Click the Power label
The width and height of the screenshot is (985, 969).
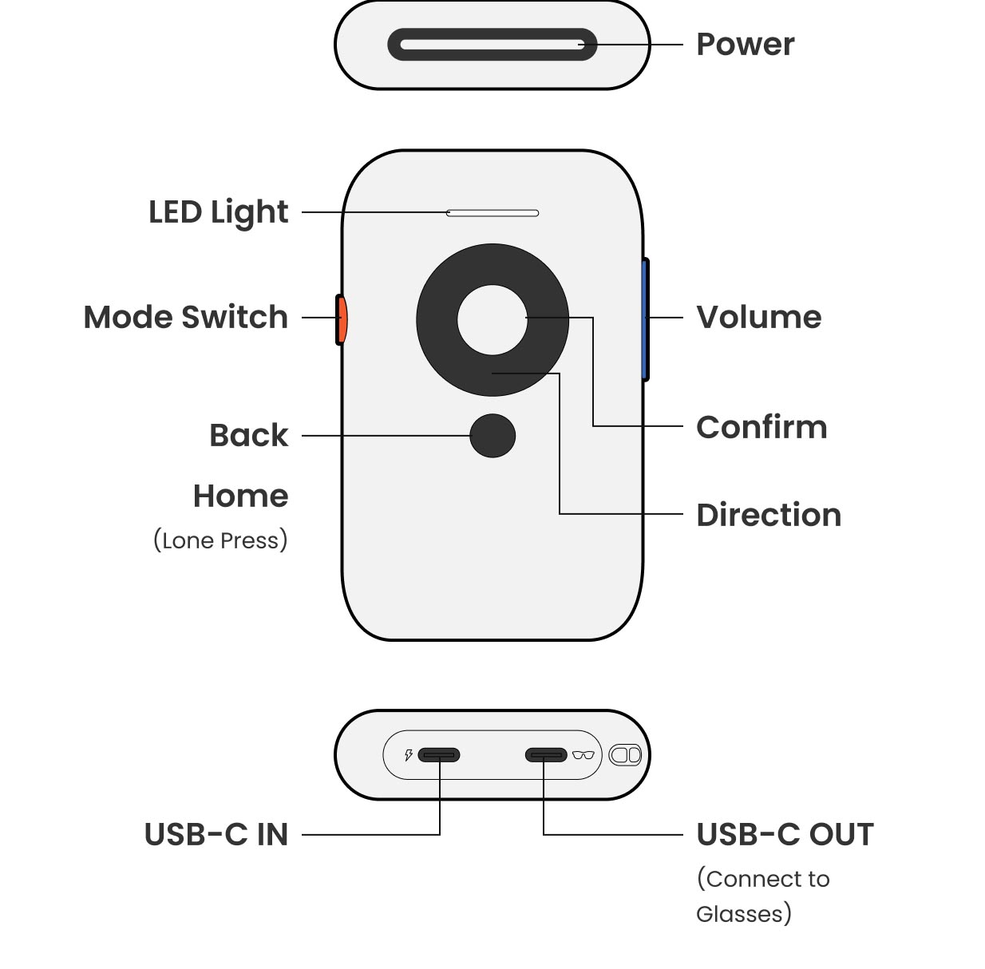tap(745, 45)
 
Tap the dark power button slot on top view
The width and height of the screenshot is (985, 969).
tap(492, 45)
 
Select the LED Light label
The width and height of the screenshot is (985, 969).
tap(218, 212)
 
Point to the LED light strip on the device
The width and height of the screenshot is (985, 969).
tap(493, 213)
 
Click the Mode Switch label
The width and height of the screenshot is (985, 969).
tap(185, 317)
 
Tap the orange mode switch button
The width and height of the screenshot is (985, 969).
tap(342, 319)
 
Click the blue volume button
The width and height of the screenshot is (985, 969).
tap(645, 319)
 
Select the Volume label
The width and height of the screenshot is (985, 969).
tap(758, 317)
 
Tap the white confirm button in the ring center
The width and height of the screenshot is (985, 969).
tap(493, 319)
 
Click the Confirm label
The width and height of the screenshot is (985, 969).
tap(761, 427)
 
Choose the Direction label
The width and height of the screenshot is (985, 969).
tap(769, 515)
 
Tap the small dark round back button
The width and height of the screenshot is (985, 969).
tap(493, 436)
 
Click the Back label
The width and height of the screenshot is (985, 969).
tap(248, 436)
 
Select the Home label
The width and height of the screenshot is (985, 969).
tap(240, 496)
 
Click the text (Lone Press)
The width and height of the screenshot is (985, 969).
tap(220, 540)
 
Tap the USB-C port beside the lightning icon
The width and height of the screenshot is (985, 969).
tap(439, 755)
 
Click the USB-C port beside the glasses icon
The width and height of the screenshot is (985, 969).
tap(546, 755)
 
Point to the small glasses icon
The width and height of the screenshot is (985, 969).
tap(583, 755)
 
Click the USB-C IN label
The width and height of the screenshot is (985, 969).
tap(216, 835)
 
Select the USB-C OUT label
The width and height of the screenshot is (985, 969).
tap(785, 835)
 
